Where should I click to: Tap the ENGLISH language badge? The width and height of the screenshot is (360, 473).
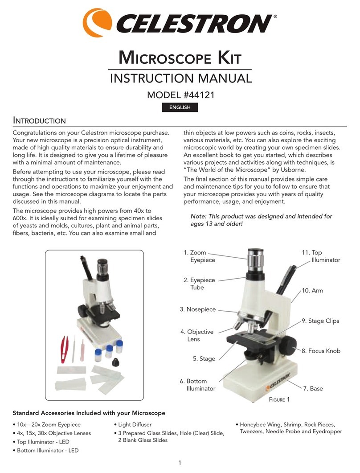[x=180, y=107]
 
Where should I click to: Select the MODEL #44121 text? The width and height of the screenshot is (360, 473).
[x=180, y=96]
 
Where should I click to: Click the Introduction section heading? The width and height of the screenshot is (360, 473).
[x=39, y=121]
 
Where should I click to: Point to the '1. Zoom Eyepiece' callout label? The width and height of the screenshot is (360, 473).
[x=199, y=256]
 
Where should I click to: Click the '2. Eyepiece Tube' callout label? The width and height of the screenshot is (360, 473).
[x=199, y=284]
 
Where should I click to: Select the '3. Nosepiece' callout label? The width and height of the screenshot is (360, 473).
[x=197, y=309]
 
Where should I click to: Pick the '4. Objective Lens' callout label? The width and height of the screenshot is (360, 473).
[x=197, y=335]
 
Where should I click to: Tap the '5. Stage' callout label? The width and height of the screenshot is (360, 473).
[x=204, y=358]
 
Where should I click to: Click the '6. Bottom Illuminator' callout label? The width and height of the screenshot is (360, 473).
[x=197, y=385]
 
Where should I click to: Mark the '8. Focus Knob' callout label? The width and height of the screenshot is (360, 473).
[x=321, y=351]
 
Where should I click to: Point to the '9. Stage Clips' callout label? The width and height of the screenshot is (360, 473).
[x=320, y=321]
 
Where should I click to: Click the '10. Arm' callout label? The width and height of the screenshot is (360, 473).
[x=312, y=290]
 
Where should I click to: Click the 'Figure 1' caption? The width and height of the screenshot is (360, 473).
[x=279, y=399]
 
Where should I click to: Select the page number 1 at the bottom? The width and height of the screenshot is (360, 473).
[x=180, y=463]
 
